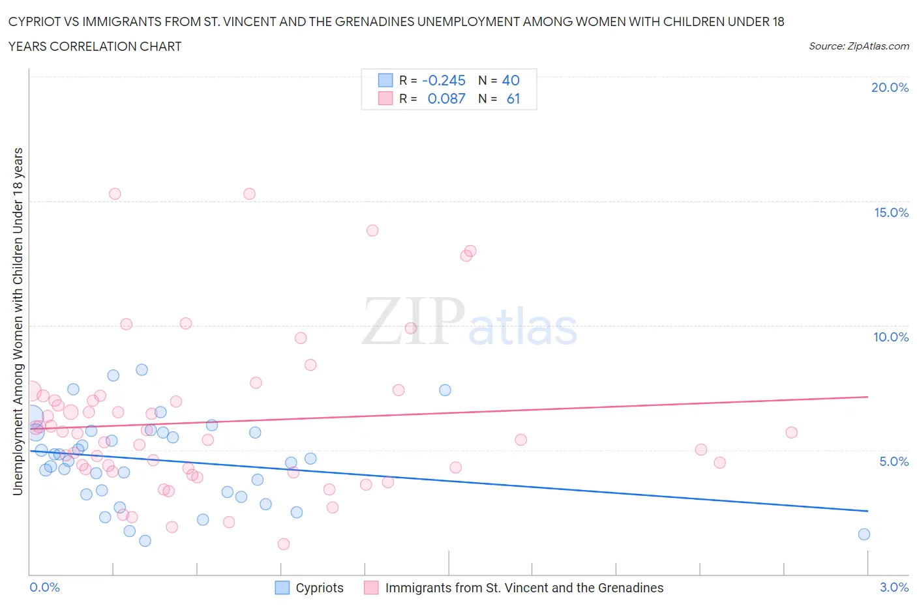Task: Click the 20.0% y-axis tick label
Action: click(x=890, y=87)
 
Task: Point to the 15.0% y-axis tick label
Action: click(x=891, y=212)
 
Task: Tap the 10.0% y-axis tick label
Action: click(x=891, y=337)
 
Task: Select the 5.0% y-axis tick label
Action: click(x=894, y=461)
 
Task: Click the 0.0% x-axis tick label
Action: click(x=44, y=587)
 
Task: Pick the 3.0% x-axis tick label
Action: click(x=894, y=587)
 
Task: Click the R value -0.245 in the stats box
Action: click(x=443, y=81)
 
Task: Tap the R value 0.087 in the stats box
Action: click(x=446, y=99)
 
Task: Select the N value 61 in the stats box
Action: click(x=513, y=99)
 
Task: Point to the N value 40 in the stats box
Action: click(x=511, y=81)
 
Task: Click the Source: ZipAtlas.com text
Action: click(x=858, y=46)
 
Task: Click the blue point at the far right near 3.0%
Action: click(x=864, y=534)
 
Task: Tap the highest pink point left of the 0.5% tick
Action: click(x=115, y=194)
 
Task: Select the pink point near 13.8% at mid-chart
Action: click(x=372, y=230)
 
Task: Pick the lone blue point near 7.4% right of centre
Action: click(x=445, y=390)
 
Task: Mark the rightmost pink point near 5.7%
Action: click(x=792, y=433)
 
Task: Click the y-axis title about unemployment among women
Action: click(x=18, y=321)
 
